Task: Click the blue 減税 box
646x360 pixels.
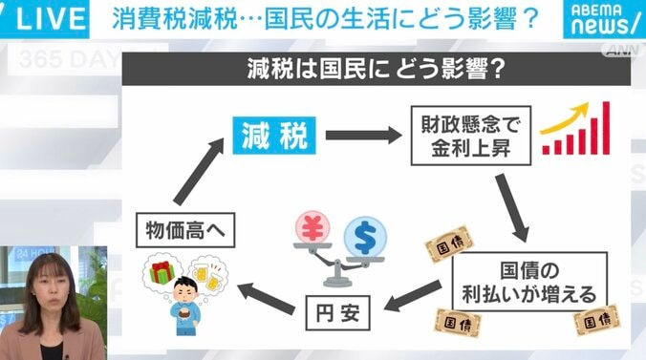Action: click(x=273, y=136)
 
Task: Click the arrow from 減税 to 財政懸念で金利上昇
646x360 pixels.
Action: click(x=363, y=136)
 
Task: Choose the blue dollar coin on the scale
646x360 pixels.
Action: click(x=365, y=233)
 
